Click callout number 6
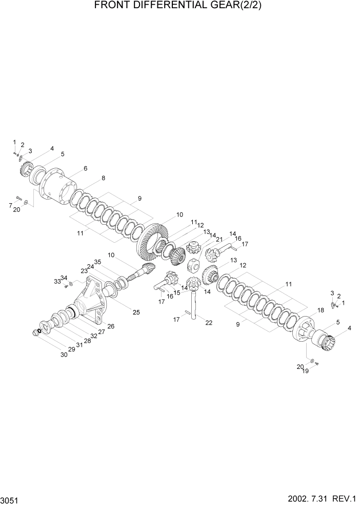click(85, 169)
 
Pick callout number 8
click(103, 179)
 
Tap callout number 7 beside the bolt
click(10, 205)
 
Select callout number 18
click(321, 310)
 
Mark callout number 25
click(136, 312)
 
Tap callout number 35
click(97, 262)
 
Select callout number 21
click(220, 239)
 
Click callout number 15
click(177, 292)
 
